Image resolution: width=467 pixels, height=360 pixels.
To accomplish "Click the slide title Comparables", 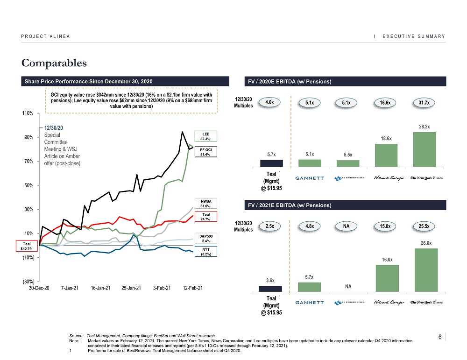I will coord(54,62).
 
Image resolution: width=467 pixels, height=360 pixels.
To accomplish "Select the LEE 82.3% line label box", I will coord(206,136).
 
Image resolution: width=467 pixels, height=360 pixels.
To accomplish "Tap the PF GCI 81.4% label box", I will coord(206,151).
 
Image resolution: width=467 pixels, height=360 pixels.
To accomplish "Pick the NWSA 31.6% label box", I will coord(206,204).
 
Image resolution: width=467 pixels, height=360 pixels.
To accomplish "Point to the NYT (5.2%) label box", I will coord(206,252).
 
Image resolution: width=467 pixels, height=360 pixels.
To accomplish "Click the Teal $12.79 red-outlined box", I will coord(26,247).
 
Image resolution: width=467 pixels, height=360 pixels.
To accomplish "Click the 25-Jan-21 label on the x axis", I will coord(131,288).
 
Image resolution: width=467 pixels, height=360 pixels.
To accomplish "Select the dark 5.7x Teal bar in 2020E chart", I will coord(271,163).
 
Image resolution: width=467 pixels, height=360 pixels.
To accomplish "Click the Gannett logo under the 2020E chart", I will coord(309,178).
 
